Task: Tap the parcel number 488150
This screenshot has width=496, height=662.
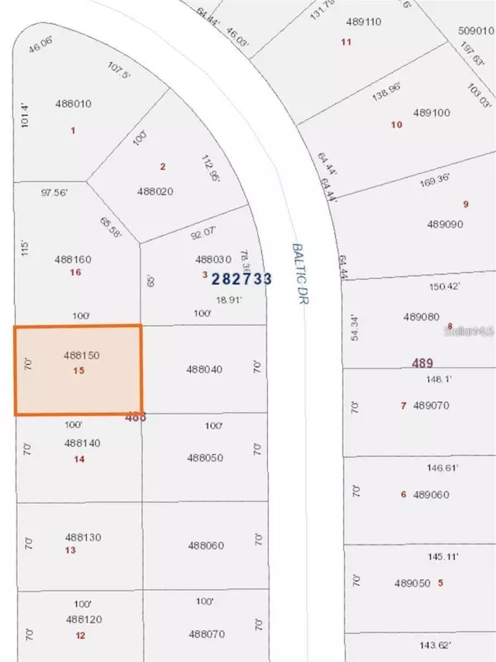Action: pyautogui.click(x=81, y=354)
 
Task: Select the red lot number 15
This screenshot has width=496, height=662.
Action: pyautogui.click(x=79, y=371)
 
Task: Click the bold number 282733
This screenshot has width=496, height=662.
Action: pyautogui.click(x=241, y=279)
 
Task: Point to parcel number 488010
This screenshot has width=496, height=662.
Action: pyautogui.click(x=73, y=103)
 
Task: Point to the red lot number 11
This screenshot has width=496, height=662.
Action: pyautogui.click(x=346, y=41)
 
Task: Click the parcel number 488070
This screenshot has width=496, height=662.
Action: pyautogui.click(x=206, y=634)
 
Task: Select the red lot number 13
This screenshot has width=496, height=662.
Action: pyautogui.click(x=70, y=550)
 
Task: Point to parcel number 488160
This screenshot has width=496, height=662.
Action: pyautogui.click(x=73, y=259)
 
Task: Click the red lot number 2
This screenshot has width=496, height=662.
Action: pyautogui.click(x=163, y=166)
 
